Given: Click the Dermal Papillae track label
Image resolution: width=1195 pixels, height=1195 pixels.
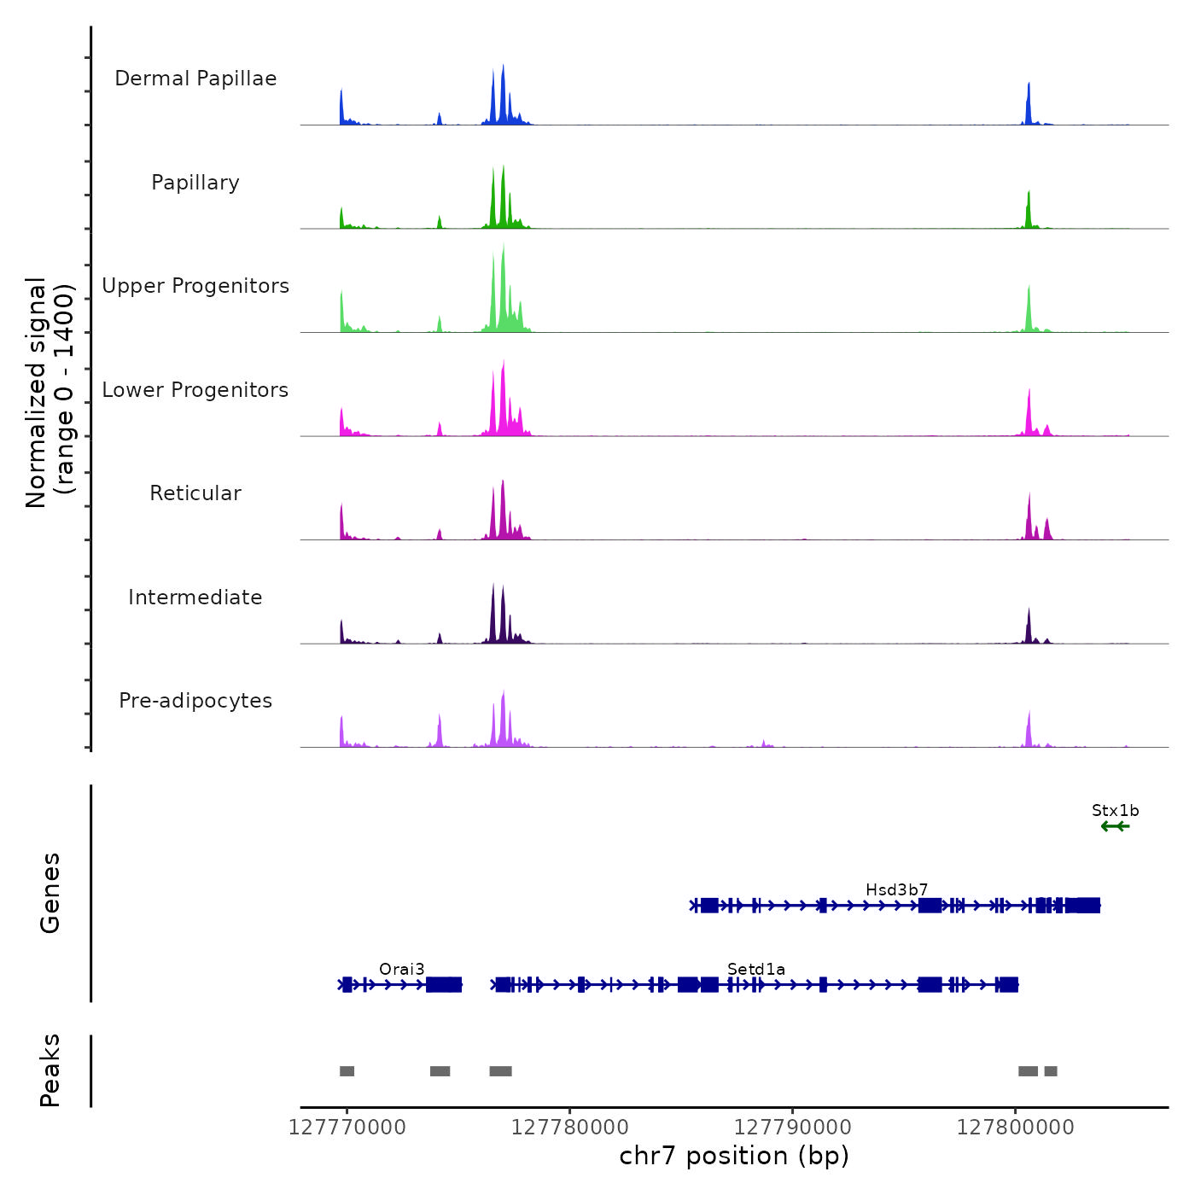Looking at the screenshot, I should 195,79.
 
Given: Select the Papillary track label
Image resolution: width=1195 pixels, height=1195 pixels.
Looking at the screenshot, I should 195,183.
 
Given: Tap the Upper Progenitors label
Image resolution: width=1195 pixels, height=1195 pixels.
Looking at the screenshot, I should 195,286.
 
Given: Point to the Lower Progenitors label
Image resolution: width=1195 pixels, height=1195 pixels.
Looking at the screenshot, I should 195,390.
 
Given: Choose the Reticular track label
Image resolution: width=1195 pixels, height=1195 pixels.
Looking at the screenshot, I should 195,493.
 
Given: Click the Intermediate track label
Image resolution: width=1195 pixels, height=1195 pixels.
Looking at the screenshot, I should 195,597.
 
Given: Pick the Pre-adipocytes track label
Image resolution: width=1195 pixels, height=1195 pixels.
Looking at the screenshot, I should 195,701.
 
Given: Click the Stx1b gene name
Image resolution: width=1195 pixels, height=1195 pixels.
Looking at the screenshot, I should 1115,811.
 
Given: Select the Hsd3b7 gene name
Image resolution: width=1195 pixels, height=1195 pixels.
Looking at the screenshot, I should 896,890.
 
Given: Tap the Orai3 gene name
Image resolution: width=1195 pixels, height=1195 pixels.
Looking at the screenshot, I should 401,970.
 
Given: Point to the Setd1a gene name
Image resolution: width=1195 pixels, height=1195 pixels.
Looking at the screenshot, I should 755,970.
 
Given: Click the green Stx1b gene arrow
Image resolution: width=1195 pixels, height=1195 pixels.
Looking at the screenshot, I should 1115,826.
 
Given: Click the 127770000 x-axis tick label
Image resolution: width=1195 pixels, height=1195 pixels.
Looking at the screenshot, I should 347,1128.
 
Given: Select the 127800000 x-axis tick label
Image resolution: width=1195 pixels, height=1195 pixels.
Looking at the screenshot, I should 1015,1128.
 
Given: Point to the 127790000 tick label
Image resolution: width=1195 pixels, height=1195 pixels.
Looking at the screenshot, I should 793,1128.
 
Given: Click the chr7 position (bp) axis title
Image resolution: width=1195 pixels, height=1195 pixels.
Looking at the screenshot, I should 734,1156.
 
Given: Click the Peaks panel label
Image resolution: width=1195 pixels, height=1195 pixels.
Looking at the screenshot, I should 50,1070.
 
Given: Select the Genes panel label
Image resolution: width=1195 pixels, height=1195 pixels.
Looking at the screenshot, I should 50,893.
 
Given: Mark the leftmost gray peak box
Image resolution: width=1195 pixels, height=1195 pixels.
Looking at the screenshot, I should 347,1071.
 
